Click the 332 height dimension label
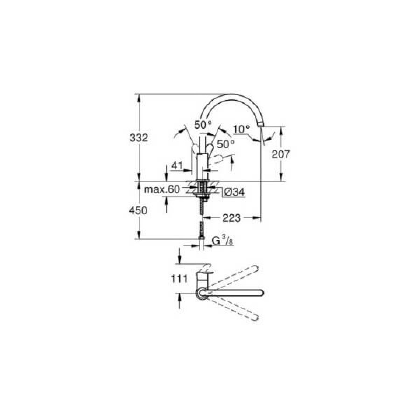[139, 138]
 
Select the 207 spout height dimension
[281, 154]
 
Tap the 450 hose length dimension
[138, 210]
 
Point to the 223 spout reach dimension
[231, 218]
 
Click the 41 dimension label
[177, 166]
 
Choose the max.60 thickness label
[162, 189]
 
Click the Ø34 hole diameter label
[234, 192]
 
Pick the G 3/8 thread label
[222, 240]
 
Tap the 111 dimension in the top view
[179, 279]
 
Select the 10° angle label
[241, 130]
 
